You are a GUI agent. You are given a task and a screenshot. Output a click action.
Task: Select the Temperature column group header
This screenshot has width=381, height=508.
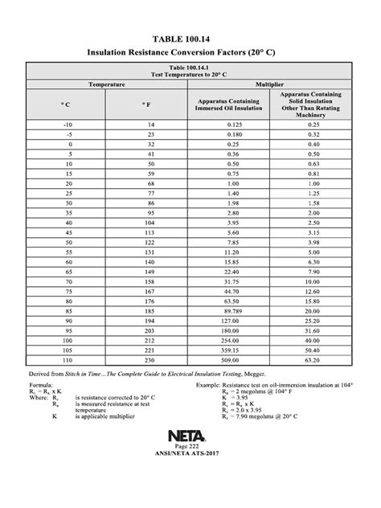click(102, 83)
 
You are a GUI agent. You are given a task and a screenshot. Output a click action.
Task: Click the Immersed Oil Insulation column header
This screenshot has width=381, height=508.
click(224, 104)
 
